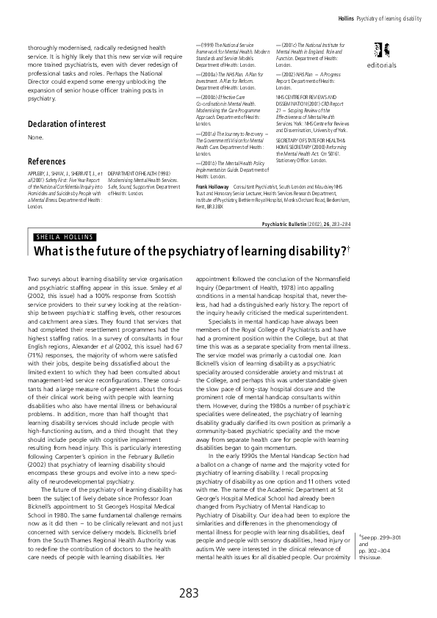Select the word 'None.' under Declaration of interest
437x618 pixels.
click(35, 137)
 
